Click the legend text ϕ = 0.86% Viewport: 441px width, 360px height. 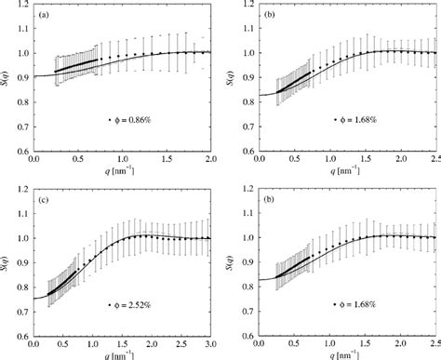(136, 120)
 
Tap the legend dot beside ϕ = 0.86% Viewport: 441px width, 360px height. (110, 120)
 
